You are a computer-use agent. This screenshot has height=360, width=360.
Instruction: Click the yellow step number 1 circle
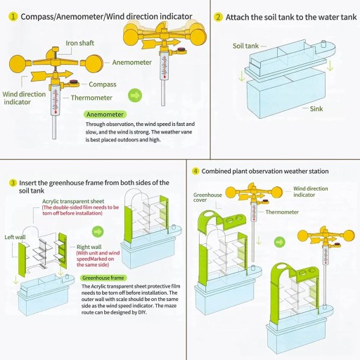tap(13, 17)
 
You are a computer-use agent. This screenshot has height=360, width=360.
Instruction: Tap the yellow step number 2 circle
tap(218, 17)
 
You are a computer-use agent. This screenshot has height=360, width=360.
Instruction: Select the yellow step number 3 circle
tap(13, 183)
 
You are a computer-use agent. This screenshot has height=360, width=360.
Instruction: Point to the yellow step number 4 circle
tap(195, 171)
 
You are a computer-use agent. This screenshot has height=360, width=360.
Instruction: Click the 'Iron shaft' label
tap(80, 43)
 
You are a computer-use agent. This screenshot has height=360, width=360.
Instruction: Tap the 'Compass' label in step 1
tap(103, 84)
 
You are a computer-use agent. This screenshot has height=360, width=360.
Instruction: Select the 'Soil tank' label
tap(245, 46)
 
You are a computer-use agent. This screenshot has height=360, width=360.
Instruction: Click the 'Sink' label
tap(316, 109)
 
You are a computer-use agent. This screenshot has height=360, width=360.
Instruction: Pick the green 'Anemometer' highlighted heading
tap(105, 115)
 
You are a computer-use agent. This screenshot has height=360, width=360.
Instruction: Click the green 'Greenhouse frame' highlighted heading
tap(103, 278)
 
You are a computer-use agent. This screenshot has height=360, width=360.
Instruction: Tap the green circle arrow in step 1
tap(135, 96)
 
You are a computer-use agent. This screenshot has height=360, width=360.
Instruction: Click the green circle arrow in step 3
tap(98, 232)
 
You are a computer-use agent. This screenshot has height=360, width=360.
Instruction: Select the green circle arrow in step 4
tap(279, 242)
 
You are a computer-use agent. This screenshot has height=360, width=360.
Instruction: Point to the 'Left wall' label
tap(15, 237)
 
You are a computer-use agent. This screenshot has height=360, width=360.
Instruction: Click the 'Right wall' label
tap(89, 247)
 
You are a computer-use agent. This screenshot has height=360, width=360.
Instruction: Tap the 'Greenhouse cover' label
tap(207, 198)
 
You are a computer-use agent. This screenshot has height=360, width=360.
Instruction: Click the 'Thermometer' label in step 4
tap(282, 212)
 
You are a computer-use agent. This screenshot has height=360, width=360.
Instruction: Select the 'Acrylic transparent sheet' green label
tap(73, 201)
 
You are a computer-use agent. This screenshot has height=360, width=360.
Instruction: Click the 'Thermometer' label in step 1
tap(91, 98)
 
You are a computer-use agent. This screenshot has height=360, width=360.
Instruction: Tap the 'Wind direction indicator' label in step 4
tap(311, 192)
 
